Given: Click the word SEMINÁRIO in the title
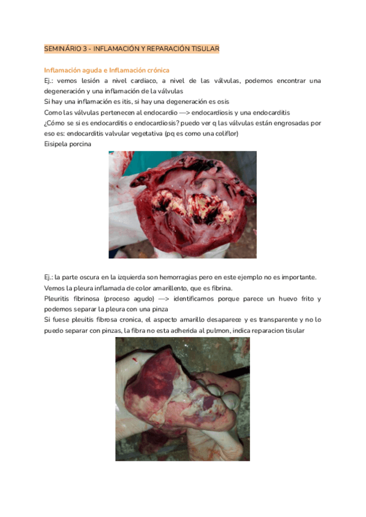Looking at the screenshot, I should coord(63,48).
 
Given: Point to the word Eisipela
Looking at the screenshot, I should coord(57,144).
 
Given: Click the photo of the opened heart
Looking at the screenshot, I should coord(182,204).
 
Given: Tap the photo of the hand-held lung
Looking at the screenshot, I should coord(182,399).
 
